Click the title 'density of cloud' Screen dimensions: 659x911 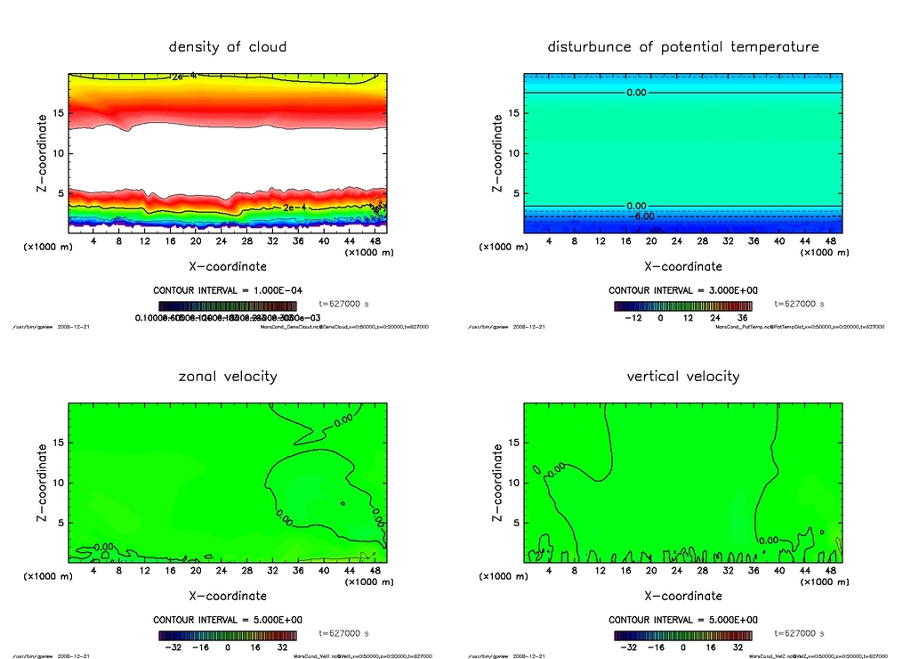(x=228, y=46)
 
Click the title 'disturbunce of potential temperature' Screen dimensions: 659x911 (x=682, y=46)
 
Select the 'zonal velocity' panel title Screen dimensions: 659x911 (x=228, y=376)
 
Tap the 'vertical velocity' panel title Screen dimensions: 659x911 (x=682, y=376)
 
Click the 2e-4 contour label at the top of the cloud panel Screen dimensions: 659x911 (x=184, y=77)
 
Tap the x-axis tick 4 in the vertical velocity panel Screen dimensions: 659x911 (x=549, y=571)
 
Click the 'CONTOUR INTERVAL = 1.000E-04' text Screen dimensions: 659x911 (x=228, y=290)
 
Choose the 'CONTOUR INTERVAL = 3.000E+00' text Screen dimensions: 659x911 (x=683, y=290)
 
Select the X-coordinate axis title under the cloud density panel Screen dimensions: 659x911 (x=228, y=265)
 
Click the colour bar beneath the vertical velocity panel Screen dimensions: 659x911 (x=682, y=636)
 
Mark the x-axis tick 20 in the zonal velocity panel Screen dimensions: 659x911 (x=196, y=571)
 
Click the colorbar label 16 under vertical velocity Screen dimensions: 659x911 (x=712, y=647)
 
